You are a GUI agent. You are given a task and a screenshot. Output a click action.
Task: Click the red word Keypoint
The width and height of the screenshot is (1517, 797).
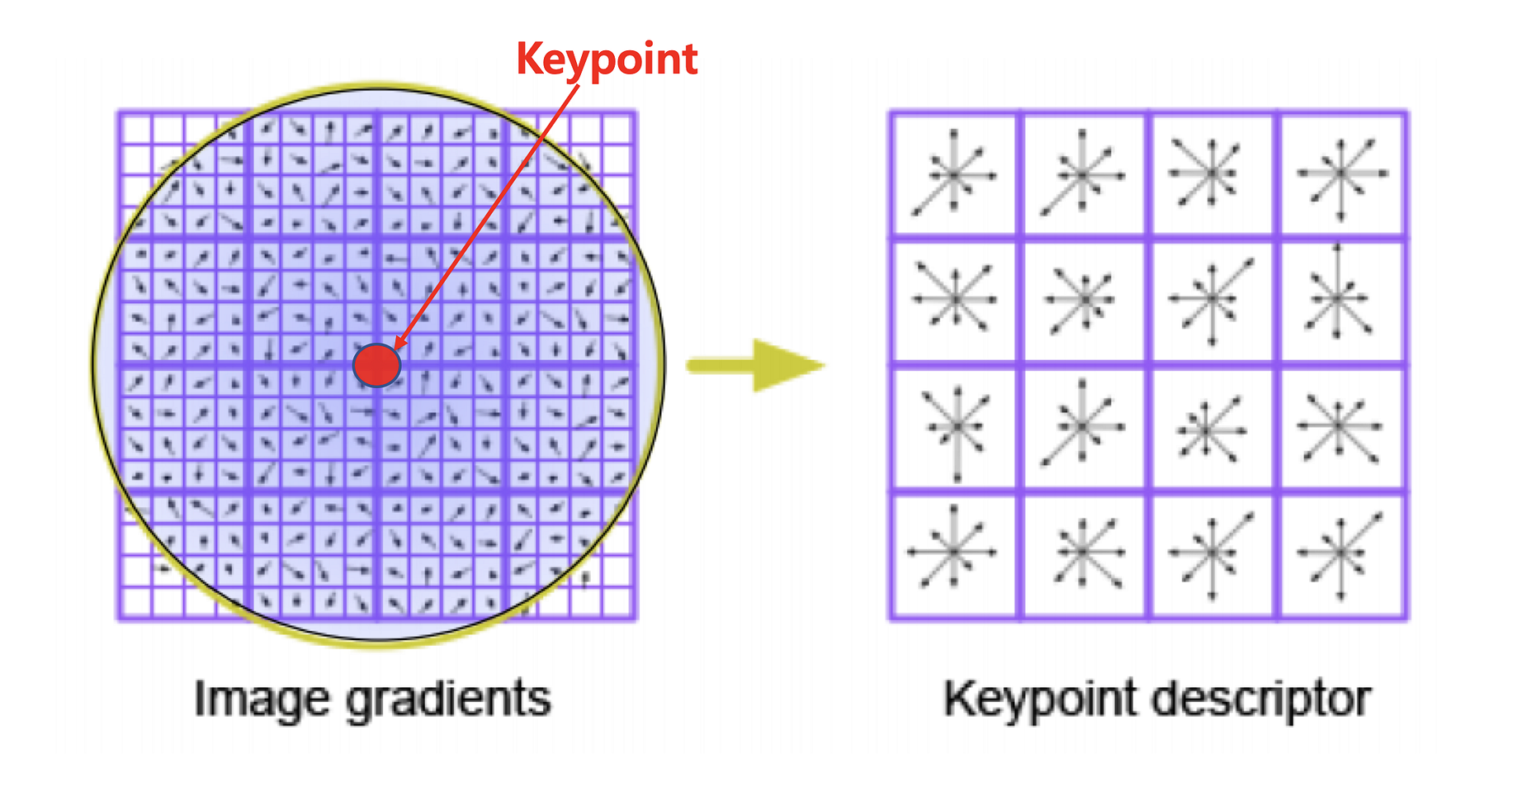click(607, 59)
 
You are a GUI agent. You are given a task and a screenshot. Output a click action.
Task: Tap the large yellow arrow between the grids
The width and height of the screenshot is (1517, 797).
click(755, 365)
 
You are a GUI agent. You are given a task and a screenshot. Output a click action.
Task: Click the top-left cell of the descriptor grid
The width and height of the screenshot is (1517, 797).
click(955, 174)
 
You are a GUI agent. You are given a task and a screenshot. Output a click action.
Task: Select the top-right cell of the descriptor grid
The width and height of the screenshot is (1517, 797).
click(1342, 174)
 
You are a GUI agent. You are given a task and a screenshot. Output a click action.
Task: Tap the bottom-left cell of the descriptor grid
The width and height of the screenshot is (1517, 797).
click(955, 555)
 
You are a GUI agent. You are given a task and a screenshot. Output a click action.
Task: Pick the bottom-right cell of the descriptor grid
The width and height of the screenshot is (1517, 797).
click(1342, 555)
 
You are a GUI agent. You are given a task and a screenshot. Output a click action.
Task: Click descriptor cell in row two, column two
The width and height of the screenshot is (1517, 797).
click(1084, 301)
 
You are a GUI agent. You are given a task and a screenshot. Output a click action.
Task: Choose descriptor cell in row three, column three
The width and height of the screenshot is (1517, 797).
click(1212, 429)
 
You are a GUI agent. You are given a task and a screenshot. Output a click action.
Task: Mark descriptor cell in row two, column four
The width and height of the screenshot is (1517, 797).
click(1342, 301)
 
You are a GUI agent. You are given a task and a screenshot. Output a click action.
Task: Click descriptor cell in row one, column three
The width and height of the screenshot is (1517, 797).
click(1212, 174)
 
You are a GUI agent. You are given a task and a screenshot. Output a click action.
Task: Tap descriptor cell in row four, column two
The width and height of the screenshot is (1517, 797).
click(1084, 555)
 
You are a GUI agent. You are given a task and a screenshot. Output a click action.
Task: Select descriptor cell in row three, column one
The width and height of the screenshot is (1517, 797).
click(955, 429)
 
